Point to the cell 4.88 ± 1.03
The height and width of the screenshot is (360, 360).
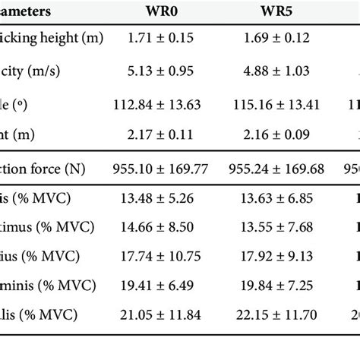pyautogui.click(x=276, y=71)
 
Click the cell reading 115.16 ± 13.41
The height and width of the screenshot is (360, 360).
pyautogui.click(x=276, y=104)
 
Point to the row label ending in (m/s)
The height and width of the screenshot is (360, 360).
pyautogui.click(x=30, y=71)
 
